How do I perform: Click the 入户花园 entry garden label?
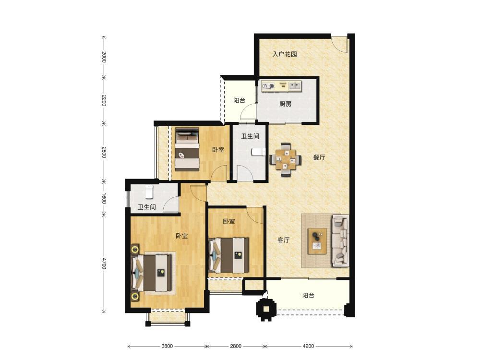(285, 55)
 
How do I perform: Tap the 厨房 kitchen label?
(285, 104)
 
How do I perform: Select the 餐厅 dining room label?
(319, 157)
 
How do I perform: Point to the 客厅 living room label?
(284, 240)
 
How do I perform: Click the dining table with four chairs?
(285, 159)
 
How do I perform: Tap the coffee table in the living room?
(317, 241)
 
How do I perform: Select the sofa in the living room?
(340, 240)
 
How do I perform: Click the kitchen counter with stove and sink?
(281, 86)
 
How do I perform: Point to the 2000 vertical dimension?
(104, 57)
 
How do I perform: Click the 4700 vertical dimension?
(104, 264)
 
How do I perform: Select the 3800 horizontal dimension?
(167, 346)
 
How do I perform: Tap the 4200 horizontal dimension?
(308, 346)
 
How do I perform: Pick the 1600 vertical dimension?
(104, 198)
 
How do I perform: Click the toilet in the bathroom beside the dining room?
(258, 152)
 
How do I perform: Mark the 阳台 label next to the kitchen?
(239, 100)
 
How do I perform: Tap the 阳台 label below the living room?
(308, 295)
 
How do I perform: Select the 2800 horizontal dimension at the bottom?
(235, 346)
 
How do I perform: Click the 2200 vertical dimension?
(104, 100)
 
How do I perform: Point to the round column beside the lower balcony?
(266, 309)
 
